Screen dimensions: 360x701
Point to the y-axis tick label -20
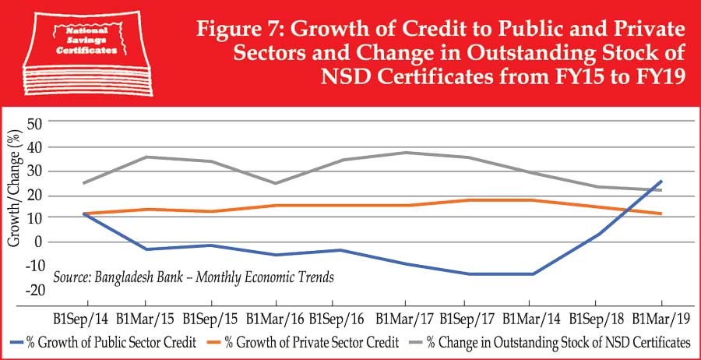coord(35,290)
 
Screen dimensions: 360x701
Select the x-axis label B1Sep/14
coord(81,319)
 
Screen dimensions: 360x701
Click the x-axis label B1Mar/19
coord(661,319)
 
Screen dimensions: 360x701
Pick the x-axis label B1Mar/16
coord(273,319)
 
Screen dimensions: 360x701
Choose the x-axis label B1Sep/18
coord(596,319)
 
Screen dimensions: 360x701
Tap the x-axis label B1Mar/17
coord(404,319)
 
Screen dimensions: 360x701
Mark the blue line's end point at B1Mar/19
coord(661,181)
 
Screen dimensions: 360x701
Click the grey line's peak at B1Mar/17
coord(405,152)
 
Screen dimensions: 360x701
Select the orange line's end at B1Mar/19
coord(661,214)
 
